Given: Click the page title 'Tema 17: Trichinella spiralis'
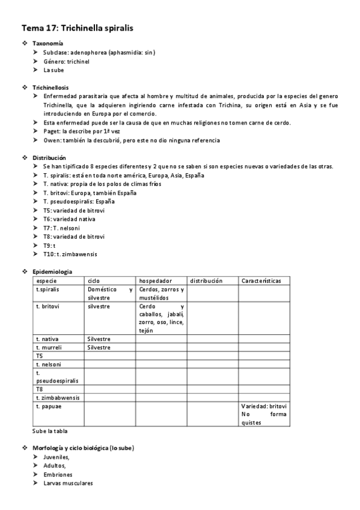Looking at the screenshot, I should pyautogui.click(x=78, y=28).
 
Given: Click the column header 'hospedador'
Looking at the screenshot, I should pyautogui.click(x=156, y=281).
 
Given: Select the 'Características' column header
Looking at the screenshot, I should pyautogui.click(x=261, y=281).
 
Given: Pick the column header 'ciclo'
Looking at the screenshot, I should pyautogui.click(x=94, y=281).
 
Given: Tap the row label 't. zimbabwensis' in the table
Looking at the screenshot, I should pyautogui.click(x=58, y=398).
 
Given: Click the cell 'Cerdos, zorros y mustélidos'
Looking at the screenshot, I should pyautogui.click(x=161, y=293).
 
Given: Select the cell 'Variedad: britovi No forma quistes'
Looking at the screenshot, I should pyautogui.click(x=264, y=414).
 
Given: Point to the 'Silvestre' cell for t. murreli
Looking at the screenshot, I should pyautogui.click(x=99, y=347).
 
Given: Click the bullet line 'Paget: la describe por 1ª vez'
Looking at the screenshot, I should pyautogui.click(x=81, y=132).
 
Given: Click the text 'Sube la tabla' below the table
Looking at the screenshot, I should pyautogui.click(x=50, y=431).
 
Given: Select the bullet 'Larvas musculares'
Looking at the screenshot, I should pyautogui.click(x=68, y=483).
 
